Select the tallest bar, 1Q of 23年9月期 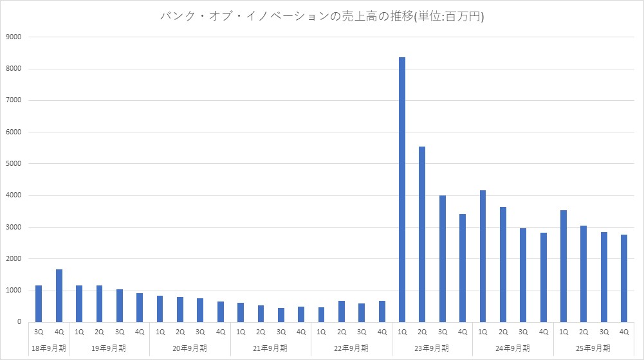(x=402, y=190)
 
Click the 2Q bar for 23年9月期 (x=422, y=235)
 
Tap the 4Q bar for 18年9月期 (x=59, y=296)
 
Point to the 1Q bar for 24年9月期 (x=483, y=256)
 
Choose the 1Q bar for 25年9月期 (x=564, y=266)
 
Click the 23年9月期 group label (x=432, y=348)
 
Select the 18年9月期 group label (x=49, y=348)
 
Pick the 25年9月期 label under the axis (x=594, y=348)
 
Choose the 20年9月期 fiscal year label (x=190, y=348)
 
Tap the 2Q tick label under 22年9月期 (x=342, y=332)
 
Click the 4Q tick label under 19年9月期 (x=140, y=332)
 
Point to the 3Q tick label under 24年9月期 (x=523, y=332)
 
